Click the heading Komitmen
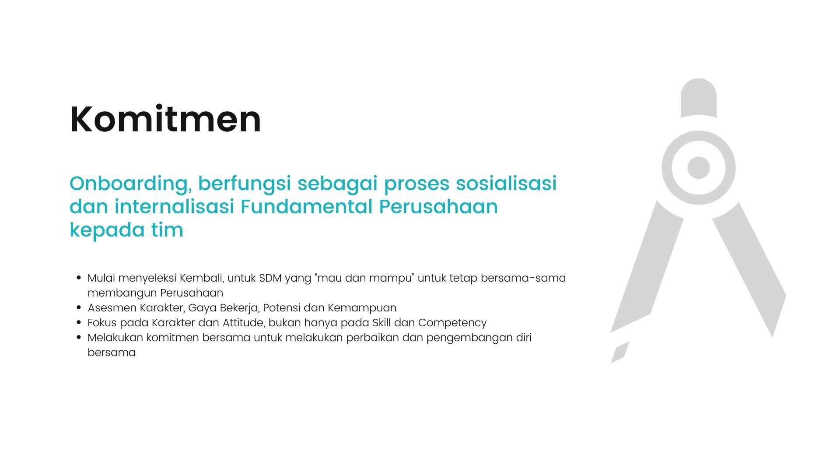tap(165, 119)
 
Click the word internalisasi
tap(175, 206)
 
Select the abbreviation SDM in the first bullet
tap(270, 278)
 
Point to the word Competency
tap(452, 323)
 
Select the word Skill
tap(381, 323)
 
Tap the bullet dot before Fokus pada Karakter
tap(79, 323)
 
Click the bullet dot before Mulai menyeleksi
tap(79, 278)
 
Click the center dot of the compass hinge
tap(698, 168)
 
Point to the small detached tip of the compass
tap(620, 352)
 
